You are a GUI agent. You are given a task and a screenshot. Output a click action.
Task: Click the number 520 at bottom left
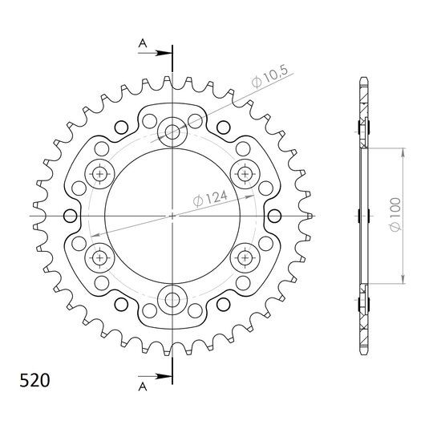(34, 380)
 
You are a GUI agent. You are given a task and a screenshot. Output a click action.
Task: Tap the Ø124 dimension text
(210, 199)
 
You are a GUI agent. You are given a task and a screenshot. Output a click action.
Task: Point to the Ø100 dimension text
(395, 214)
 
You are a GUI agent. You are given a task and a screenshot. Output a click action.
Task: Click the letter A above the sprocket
(143, 43)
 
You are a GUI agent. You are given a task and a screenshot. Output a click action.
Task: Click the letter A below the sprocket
(143, 387)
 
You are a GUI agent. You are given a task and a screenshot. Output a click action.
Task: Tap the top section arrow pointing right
(155, 53)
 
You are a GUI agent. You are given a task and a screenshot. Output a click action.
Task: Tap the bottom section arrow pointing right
(155, 376)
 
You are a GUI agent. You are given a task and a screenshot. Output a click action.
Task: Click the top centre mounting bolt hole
(172, 132)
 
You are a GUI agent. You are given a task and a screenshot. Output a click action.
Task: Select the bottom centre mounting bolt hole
(172, 300)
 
